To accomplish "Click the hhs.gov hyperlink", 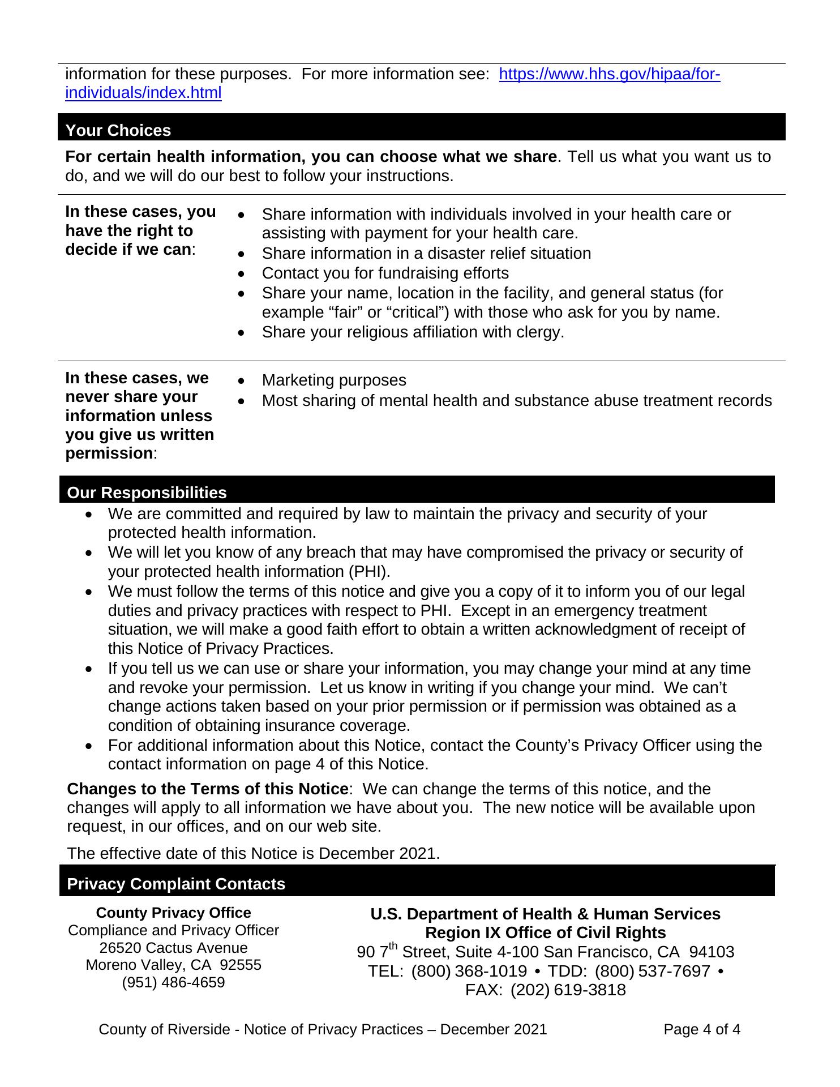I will coord(609,74).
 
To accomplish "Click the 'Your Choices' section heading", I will coord(118,130).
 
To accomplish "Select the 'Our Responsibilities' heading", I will coord(147,493).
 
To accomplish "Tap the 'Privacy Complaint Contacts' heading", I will coord(176,884).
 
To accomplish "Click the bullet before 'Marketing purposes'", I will coord(242,381).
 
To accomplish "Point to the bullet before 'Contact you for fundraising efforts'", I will coord(242,274).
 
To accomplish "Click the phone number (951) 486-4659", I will coord(173,982).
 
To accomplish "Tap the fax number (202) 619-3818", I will coord(568,990).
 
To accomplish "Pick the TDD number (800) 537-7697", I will coord(652,971).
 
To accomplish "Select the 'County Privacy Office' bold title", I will coord(173,913).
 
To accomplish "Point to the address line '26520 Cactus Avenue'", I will coord(173,948).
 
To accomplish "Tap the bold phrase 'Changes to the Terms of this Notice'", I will coord(207,789).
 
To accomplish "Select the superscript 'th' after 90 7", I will coord(392,947).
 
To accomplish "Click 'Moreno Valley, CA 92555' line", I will coord(173,965).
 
